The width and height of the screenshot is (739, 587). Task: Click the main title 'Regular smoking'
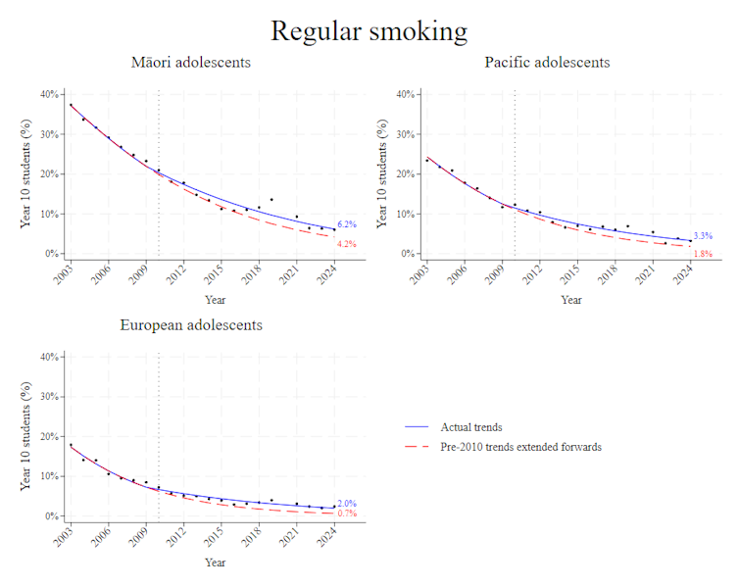369,30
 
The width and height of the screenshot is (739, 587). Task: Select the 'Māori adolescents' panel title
191,63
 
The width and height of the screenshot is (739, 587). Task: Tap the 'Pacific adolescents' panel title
547,63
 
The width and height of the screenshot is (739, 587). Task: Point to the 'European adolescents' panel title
191,324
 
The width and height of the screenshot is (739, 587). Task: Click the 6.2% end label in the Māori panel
347,225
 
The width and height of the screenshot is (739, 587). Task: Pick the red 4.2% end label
347,244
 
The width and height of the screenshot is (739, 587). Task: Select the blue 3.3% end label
703,236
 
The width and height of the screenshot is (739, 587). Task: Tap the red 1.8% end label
703,254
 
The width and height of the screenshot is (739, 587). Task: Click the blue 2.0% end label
347,503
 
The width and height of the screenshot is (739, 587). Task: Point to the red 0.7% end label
347,514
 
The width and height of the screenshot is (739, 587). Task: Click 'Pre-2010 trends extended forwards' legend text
521,447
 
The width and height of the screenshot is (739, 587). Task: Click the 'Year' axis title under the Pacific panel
571,299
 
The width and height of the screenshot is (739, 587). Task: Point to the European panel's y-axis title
26,436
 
